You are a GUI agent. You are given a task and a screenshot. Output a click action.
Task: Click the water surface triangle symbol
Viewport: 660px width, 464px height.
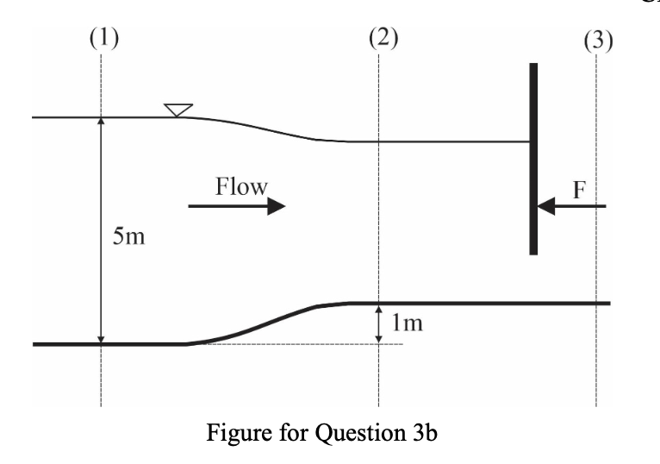click(178, 110)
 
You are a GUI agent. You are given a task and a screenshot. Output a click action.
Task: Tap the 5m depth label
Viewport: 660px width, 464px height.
click(129, 236)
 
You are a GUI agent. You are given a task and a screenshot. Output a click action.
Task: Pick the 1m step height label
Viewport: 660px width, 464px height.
click(407, 324)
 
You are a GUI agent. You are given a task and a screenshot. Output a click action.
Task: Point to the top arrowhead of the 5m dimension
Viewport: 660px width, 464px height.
click(101, 123)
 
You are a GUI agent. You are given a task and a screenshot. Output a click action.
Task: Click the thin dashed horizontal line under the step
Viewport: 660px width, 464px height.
click(293, 344)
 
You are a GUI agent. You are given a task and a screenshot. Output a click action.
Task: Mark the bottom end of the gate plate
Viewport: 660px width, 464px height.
click(533, 251)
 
